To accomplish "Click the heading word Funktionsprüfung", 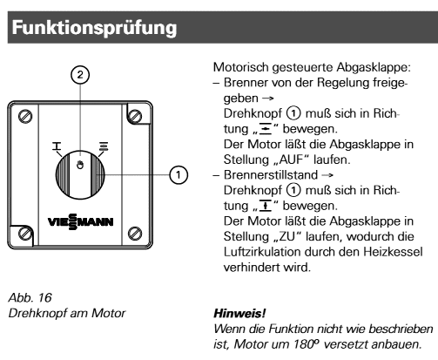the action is (94, 29).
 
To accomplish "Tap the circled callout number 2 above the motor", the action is (80, 75).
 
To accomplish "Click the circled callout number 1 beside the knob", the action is (179, 175).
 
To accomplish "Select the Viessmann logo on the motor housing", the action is (80, 222).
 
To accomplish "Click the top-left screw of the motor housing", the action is (25, 116).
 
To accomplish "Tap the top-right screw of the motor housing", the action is (135, 116).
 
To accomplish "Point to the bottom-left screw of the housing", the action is (25, 233).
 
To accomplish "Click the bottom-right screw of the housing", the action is (135, 233).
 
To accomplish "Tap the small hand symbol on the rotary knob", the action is (80, 165).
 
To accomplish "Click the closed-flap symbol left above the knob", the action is (57, 146).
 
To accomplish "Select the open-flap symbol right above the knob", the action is (104, 146).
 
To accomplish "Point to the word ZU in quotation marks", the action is (286, 236).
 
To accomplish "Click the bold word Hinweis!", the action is (239, 314).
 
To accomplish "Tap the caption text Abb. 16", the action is (30, 297).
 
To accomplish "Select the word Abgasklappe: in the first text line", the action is (374, 67).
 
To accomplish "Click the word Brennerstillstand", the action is (271, 175).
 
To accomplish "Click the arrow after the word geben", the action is (268, 98).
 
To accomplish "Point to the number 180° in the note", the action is (307, 344).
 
